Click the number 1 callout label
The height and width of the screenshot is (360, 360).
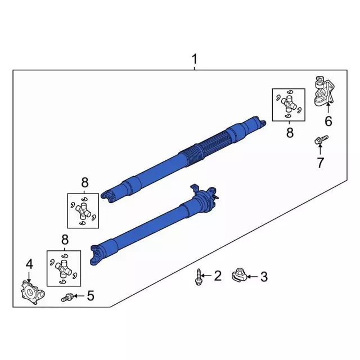(x=195, y=59)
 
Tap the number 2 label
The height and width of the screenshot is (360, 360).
(x=218, y=276)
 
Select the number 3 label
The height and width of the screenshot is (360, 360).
(x=264, y=276)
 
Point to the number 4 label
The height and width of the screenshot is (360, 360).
(x=29, y=263)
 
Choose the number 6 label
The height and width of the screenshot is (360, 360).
(x=328, y=121)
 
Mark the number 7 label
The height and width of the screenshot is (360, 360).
(x=320, y=163)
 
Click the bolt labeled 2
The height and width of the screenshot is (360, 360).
(x=199, y=276)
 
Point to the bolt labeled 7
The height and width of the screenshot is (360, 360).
(x=319, y=141)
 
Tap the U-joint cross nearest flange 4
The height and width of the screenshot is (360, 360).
(x=65, y=268)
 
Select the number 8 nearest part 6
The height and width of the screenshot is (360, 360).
(x=290, y=133)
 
